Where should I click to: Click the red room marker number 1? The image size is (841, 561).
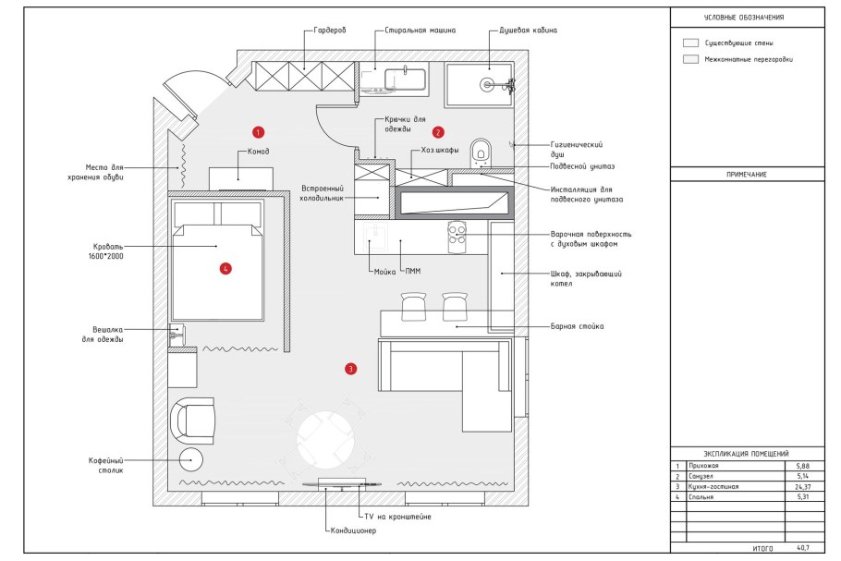coord(258,132)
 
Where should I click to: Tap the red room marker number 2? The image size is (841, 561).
coord(438,132)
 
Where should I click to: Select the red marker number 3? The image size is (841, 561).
coord(350,369)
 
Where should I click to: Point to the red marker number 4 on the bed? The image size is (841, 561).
coord(225,268)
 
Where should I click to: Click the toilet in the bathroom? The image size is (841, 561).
coord(481,152)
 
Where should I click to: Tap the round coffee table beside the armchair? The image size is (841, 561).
coord(190,460)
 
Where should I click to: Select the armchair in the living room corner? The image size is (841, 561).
coord(193,421)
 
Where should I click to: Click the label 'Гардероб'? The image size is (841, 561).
coord(330,30)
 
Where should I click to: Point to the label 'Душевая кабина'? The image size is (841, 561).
coord(529,30)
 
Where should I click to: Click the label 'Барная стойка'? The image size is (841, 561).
coord(577,326)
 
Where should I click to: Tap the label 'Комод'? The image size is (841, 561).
coord(259,152)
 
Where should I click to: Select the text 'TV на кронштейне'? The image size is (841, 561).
coord(397,517)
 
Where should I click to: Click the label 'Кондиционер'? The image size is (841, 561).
coord(353,531)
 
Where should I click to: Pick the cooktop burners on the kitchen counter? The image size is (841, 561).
coord(457,235)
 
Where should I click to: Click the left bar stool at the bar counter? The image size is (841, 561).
coord(413,306)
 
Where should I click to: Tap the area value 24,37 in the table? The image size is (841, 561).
coord(803,487)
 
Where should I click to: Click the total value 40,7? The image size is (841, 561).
coord(803,548)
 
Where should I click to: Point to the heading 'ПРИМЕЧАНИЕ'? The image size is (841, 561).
coord(747,175)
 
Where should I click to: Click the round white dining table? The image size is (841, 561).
coord(325,439)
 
